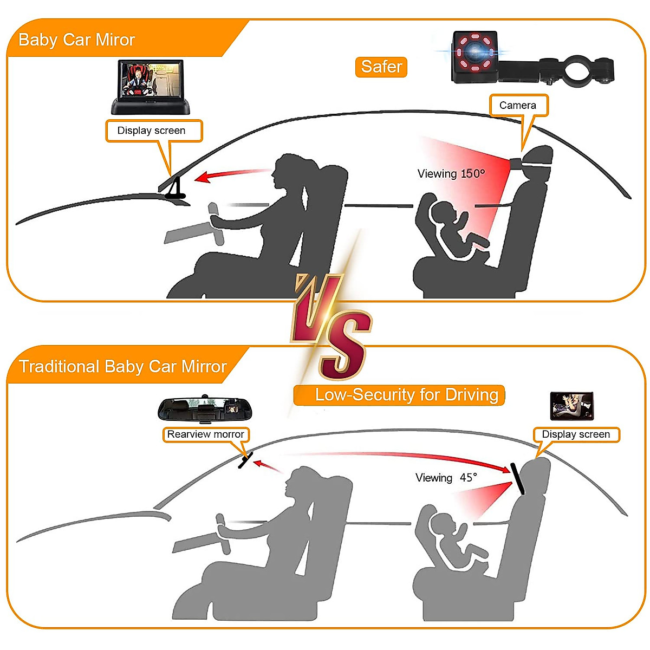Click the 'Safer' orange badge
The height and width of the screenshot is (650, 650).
tap(381, 67)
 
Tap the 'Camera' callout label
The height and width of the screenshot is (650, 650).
tap(518, 105)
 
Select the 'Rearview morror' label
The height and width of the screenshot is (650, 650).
tap(205, 434)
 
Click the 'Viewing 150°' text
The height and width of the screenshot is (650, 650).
tap(451, 174)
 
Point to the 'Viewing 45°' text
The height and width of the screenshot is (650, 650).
tap(446, 478)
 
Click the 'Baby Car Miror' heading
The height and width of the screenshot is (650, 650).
tap(76, 40)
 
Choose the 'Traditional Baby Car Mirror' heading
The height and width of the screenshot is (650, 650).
tap(122, 366)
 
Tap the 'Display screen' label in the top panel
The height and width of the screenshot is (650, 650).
tap(151, 131)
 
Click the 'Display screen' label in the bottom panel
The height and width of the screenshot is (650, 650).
tap(576, 434)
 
